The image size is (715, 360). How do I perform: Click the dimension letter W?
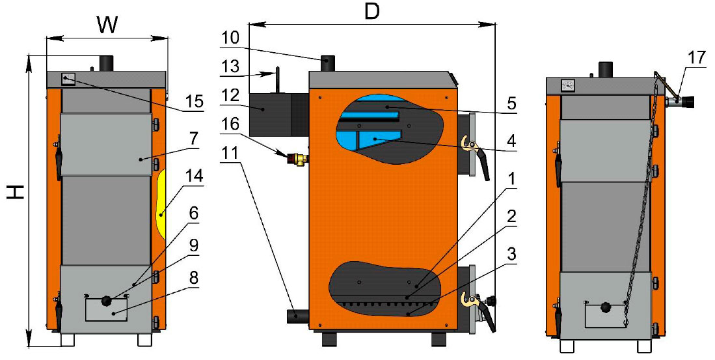pyautogui.click(x=108, y=24)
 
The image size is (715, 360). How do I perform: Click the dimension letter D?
pyautogui.click(x=371, y=12)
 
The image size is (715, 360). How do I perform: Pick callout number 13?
pyautogui.click(x=230, y=66)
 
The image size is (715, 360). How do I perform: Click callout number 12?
pyautogui.click(x=230, y=94)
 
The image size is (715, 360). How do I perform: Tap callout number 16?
pyautogui.click(x=230, y=123)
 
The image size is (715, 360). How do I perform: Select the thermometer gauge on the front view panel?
pyautogui.click(x=67, y=80)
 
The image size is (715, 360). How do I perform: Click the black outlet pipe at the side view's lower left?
pyautogui.click(x=296, y=316)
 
